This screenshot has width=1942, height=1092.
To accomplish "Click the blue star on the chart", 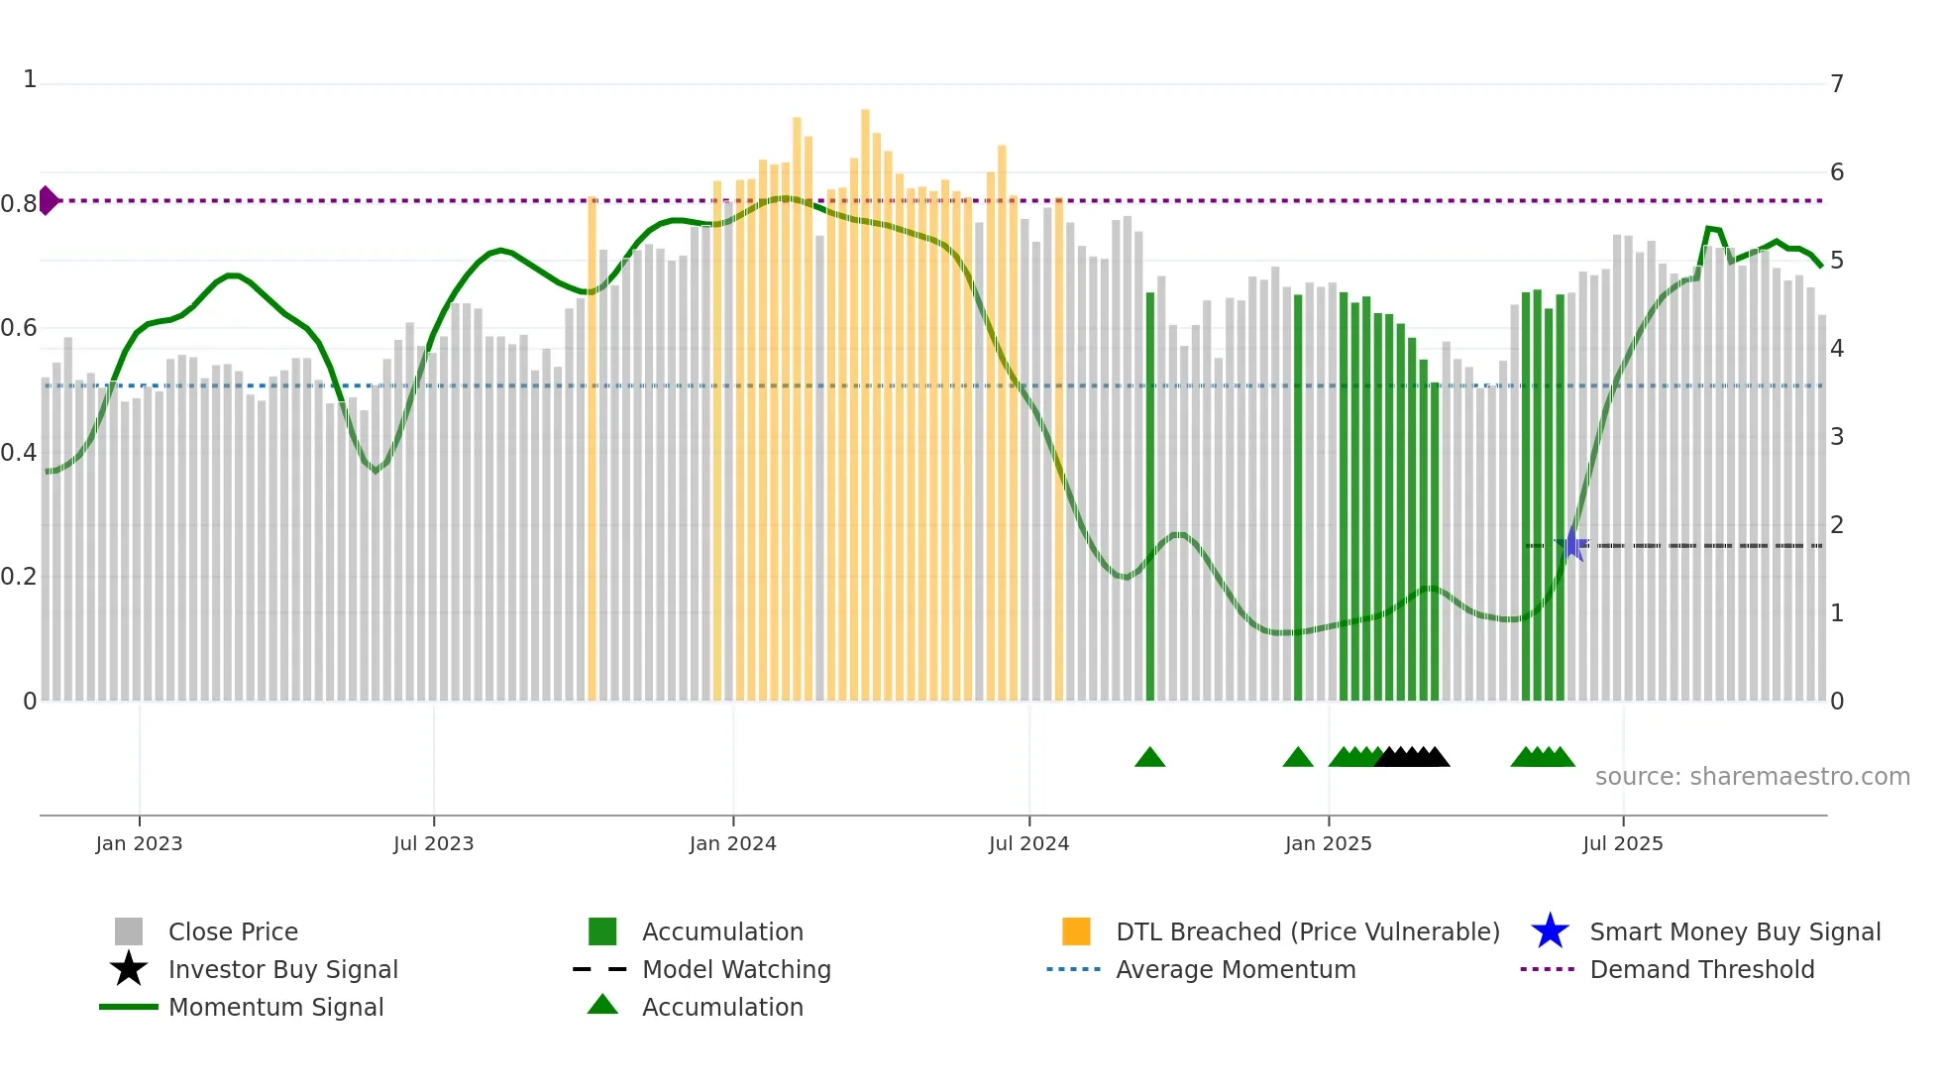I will coord(1571,544).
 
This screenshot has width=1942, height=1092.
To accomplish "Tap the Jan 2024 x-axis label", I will coord(732,843).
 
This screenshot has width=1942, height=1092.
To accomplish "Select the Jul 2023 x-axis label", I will coord(433,843).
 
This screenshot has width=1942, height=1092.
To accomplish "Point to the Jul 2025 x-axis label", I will coord(1622,843).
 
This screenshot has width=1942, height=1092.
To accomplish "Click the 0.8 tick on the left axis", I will coord(18,204).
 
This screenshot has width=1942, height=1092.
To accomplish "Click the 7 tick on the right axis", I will coord(1837,84).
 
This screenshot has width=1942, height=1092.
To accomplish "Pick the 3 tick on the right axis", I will coord(1837,437).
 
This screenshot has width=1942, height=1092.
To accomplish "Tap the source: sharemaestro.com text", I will coord(1752,777).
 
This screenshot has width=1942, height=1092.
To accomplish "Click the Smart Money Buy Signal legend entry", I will coord(1734,931).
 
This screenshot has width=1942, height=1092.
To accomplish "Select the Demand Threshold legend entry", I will coord(1701,969).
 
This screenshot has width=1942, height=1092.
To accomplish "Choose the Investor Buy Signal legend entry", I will coord(282,969).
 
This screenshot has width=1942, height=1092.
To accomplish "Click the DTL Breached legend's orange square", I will coord(1076,931).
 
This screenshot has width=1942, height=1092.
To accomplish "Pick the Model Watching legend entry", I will coord(735,969).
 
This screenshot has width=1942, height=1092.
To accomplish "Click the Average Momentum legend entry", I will coord(1235,969).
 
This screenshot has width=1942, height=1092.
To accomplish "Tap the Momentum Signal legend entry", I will coord(275,1007).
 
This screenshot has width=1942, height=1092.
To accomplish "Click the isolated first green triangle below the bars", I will coord(1149,757).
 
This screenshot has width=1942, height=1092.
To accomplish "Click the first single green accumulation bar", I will coord(1150,495).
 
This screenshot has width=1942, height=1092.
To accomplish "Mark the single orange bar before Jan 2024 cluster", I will coord(592,446).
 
